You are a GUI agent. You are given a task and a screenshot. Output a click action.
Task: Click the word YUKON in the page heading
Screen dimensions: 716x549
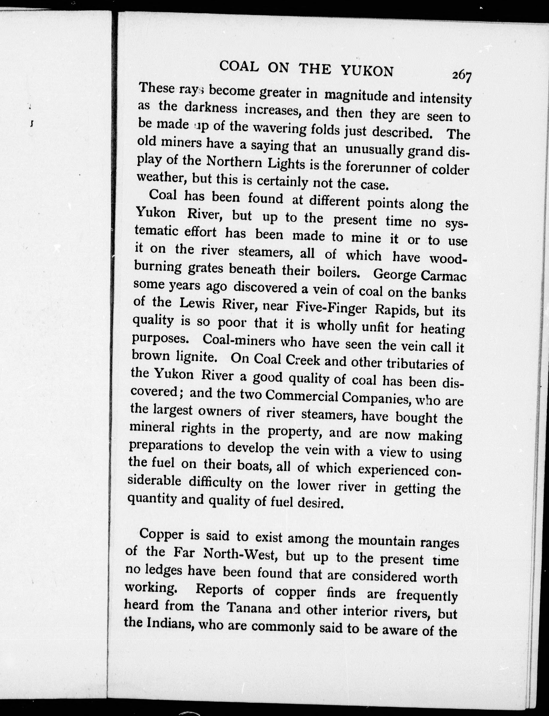(x=367, y=70)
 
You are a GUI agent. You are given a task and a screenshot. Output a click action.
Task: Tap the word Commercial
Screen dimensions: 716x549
(x=302, y=396)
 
